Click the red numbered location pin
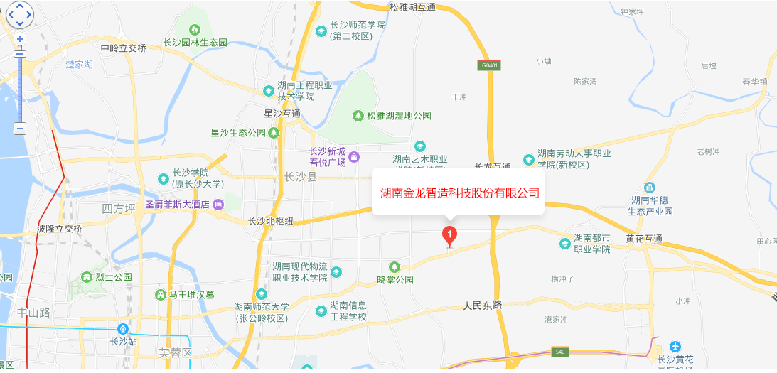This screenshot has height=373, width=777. pyautogui.click(x=449, y=234)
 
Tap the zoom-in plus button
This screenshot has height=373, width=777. pyautogui.click(x=20, y=39)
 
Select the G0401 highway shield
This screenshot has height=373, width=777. pyautogui.click(x=488, y=65)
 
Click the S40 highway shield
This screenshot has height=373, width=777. pyautogui.click(x=560, y=352)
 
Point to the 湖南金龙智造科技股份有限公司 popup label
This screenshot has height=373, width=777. pyautogui.click(x=459, y=193)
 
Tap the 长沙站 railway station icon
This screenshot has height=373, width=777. pyautogui.click(x=123, y=329)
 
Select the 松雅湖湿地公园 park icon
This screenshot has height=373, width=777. pyautogui.click(x=360, y=115)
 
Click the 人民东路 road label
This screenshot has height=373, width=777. pyautogui.click(x=482, y=306)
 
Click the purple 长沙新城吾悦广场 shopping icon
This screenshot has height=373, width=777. pyautogui.click(x=354, y=157)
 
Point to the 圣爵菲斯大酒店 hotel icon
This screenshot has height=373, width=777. pyautogui.click(x=218, y=205)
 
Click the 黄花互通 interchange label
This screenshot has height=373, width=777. pyautogui.click(x=644, y=239)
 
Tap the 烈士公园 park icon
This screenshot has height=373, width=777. pyautogui.click(x=87, y=276)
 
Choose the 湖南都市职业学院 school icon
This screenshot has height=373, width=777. pyautogui.click(x=564, y=244)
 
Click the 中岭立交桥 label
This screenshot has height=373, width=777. pyautogui.click(x=123, y=48)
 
